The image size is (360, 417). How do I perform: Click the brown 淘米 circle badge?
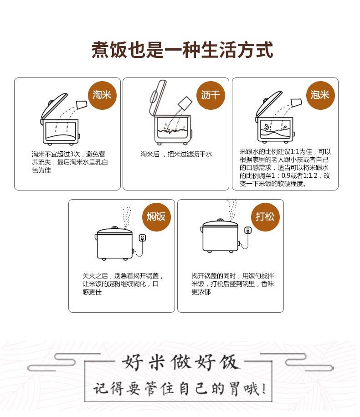(x=103, y=95)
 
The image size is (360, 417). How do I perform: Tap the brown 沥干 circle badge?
(x=211, y=95)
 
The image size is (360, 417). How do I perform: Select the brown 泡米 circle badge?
(x=320, y=95)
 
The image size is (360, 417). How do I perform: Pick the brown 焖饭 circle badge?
(x=156, y=217)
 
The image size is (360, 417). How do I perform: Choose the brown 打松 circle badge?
(x=265, y=217)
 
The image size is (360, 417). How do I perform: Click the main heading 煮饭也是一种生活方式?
(x=182, y=50)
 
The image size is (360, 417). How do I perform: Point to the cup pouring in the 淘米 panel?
(x=82, y=104)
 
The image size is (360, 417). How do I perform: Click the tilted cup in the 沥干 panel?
(x=185, y=103)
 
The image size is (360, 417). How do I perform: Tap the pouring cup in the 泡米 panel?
(x=297, y=103)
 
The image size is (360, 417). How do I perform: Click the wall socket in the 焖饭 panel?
(x=143, y=237)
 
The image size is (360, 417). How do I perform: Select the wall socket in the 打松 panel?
(x=248, y=230)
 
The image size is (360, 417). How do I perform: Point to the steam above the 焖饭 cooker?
(x=126, y=217)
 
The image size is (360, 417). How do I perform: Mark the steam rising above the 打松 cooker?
(x=231, y=210)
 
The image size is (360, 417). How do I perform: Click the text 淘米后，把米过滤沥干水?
(x=176, y=154)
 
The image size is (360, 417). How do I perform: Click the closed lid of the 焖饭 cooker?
(x=114, y=230)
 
